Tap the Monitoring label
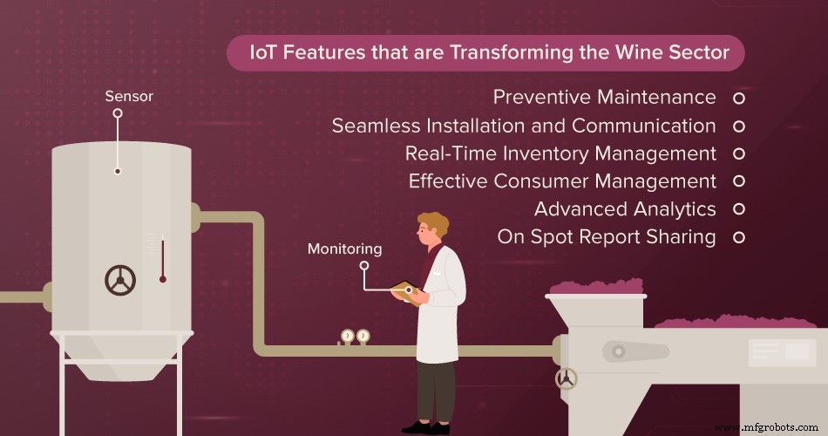click(344, 249)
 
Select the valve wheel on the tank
click(120, 280)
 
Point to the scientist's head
click(432, 232)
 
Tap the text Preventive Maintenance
click(604, 97)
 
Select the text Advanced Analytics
click(625, 209)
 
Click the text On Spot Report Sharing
click(607, 236)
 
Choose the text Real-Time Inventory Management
click(560, 153)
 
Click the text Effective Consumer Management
click(562, 181)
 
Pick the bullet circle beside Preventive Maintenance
click(738, 98)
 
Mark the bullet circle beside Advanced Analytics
click(738, 209)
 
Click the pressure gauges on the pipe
click(355, 336)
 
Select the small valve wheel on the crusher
click(567, 378)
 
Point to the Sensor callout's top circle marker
click(117, 113)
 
